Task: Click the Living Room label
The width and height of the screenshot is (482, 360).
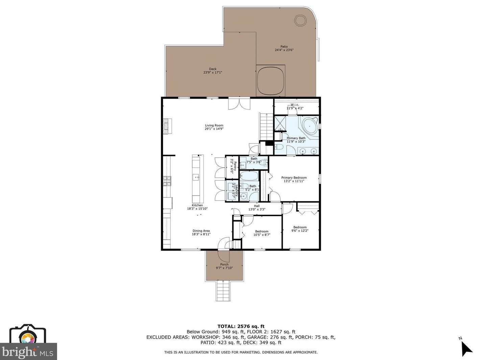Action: pyautogui.click(x=214, y=125)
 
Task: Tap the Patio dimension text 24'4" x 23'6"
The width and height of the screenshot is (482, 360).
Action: pyautogui.click(x=284, y=50)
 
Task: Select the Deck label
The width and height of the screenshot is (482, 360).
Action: pyautogui.click(x=213, y=69)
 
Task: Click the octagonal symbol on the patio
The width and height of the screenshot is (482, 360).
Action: pyautogui.click(x=300, y=21)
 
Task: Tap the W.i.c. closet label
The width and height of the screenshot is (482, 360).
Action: pyautogui.click(x=295, y=105)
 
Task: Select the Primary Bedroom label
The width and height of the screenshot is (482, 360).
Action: pyautogui.click(x=294, y=178)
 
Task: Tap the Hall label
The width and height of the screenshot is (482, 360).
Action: pyautogui.click(x=257, y=206)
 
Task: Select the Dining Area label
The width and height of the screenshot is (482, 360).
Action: pyautogui.click(x=201, y=231)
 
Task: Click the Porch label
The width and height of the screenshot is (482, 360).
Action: pyautogui.click(x=224, y=264)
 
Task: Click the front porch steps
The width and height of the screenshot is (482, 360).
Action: pyautogui.click(x=223, y=291)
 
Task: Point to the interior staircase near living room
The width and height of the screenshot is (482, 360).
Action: pyautogui.click(x=266, y=127)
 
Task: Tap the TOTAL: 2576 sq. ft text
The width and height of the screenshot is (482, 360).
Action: pyautogui.click(x=241, y=326)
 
